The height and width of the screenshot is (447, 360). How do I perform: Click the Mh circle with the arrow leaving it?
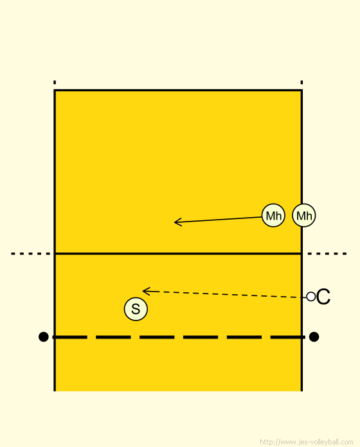click(273, 215)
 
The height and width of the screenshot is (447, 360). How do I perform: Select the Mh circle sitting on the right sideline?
click(304, 215)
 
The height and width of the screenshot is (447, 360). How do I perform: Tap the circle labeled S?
click(136, 309)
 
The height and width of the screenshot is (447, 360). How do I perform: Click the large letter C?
click(323, 297)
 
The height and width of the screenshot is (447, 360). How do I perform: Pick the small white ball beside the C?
click(311, 297)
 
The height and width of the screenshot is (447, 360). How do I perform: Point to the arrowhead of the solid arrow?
click(175, 222)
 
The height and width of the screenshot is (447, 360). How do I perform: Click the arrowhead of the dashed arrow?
click(143, 291)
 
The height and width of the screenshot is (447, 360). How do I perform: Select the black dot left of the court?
click(43, 337)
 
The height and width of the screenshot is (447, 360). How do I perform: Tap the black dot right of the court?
click(314, 337)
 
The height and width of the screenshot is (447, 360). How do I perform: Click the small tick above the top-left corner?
click(55, 82)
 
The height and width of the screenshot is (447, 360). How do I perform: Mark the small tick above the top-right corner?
click(301, 82)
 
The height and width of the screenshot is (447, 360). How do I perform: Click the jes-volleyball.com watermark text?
click(307, 442)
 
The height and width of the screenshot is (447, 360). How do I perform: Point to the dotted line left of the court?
click(31, 254)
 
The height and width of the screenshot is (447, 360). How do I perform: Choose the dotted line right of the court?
click(327, 254)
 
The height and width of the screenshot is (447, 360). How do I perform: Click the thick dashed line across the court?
click(179, 337)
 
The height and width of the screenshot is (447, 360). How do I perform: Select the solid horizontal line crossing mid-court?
click(178, 254)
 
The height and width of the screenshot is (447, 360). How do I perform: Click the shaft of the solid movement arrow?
click(218, 220)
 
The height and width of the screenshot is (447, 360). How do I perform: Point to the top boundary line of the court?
click(178, 91)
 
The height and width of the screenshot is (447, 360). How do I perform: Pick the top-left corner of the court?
click(55, 91)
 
